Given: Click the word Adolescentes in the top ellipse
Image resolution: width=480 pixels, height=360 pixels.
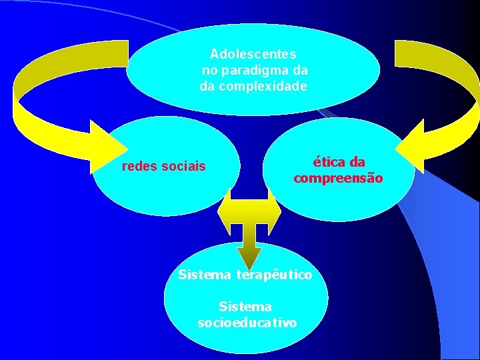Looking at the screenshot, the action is pyautogui.click(x=253, y=53).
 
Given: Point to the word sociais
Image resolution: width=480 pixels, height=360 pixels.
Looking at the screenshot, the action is pyautogui.click(x=183, y=166).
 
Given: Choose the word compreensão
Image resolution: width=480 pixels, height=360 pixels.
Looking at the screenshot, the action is pyautogui.click(x=338, y=179).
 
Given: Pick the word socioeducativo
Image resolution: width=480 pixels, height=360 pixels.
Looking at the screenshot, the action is pyautogui.click(x=247, y=323).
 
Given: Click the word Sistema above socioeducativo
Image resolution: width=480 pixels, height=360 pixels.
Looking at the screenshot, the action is pyautogui.click(x=245, y=307).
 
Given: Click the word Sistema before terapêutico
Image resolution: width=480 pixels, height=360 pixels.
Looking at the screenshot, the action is pyautogui.click(x=205, y=275).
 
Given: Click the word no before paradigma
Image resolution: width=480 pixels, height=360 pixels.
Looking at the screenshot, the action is pyautogui.click(x=209, y=69).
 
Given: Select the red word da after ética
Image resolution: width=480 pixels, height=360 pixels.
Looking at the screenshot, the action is pyautogui.click(x=357, y=162).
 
